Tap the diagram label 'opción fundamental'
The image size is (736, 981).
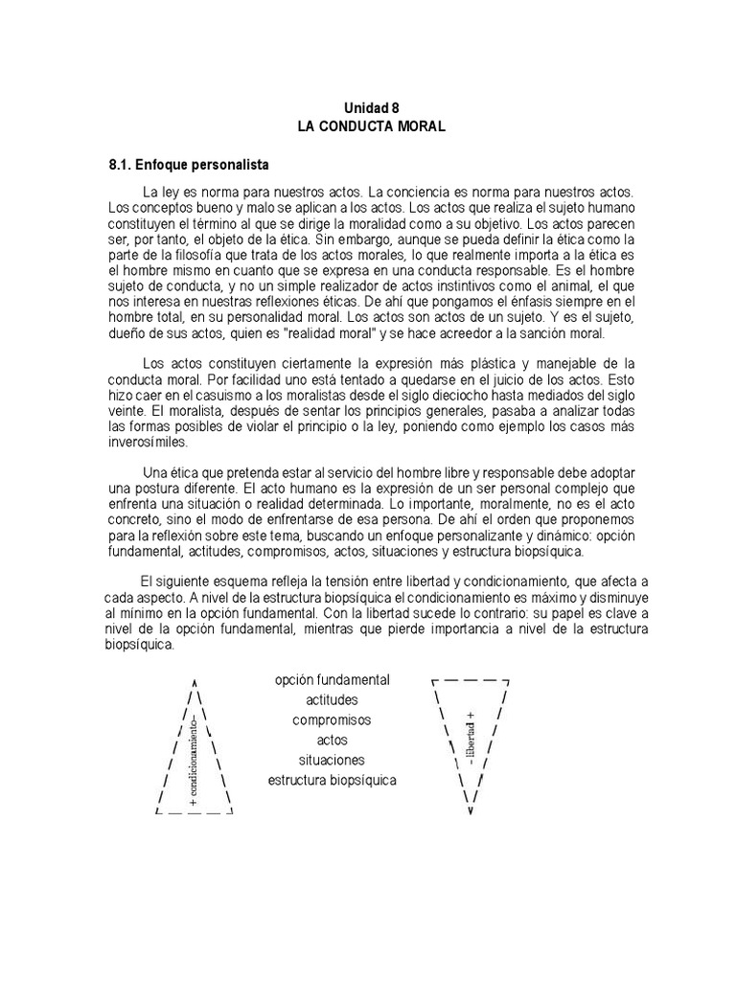click(332, 679)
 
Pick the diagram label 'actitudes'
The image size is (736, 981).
click(332, 699)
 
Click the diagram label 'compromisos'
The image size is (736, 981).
click(332, 719)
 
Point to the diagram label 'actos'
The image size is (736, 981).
click(332, 740)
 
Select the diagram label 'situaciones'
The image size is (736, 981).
click(332, 760)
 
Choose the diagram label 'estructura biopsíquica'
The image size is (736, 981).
click(332, 780)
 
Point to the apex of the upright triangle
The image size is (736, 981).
click(195, 673)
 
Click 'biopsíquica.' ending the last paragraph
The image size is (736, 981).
click(141, 645)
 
